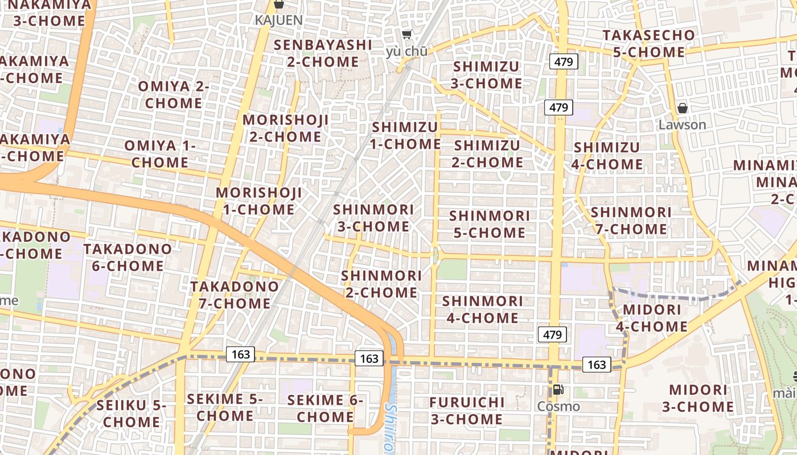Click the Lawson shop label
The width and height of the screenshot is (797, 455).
(682, 125)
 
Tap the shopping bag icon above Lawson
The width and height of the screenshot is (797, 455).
(682, 108)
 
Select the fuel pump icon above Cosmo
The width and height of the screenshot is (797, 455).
(558, 390)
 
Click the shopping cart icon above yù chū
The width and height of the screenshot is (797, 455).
(406, 35)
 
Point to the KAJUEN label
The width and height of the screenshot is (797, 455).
(278, 20)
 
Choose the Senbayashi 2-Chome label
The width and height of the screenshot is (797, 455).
(323, 53)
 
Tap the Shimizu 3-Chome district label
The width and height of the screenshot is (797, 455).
(487, 75)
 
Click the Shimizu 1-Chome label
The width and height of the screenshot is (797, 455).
(405, 135)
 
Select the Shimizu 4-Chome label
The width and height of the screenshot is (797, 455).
(607, 156)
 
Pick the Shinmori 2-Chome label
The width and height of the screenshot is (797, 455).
(381, 284)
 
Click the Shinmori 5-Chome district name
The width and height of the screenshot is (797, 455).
(488, 224)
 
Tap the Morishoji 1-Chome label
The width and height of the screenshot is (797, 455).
(259, 201)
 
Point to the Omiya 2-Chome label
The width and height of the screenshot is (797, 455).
(174, 95)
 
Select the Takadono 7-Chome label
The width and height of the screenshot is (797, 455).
(235, 295)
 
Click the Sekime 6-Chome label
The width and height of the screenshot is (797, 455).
(325, 408)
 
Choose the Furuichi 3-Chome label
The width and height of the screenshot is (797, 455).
(467, 411)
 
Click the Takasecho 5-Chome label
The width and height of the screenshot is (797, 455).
(649, 44)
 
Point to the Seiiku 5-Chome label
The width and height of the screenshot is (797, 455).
(132, 413)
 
